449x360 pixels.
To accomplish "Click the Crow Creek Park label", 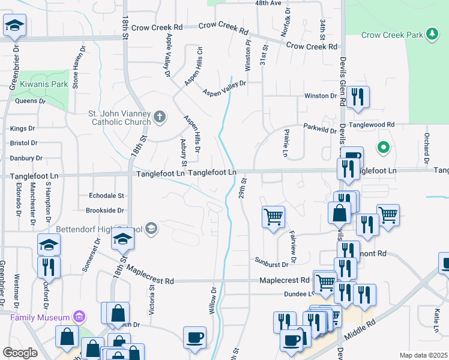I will click(x=392, y=35).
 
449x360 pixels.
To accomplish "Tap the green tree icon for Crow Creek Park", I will click(x=431, y=34).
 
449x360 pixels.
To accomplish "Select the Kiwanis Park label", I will click(x=44, y=85).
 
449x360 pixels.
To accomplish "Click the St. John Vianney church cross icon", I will click(x=160, y=116).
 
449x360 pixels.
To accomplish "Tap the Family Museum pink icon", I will click(x=77, y=316).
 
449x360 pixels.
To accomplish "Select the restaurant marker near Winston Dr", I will click(x=358, y=97).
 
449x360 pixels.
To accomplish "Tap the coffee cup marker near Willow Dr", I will click(x=194, y=337).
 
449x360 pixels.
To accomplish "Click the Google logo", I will click(x=20, y=353).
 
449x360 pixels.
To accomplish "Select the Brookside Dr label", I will click(x=105, y=211).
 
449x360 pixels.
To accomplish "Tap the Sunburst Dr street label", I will click(x=272, y=262).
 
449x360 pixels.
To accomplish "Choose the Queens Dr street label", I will click(x=30, y=101).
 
